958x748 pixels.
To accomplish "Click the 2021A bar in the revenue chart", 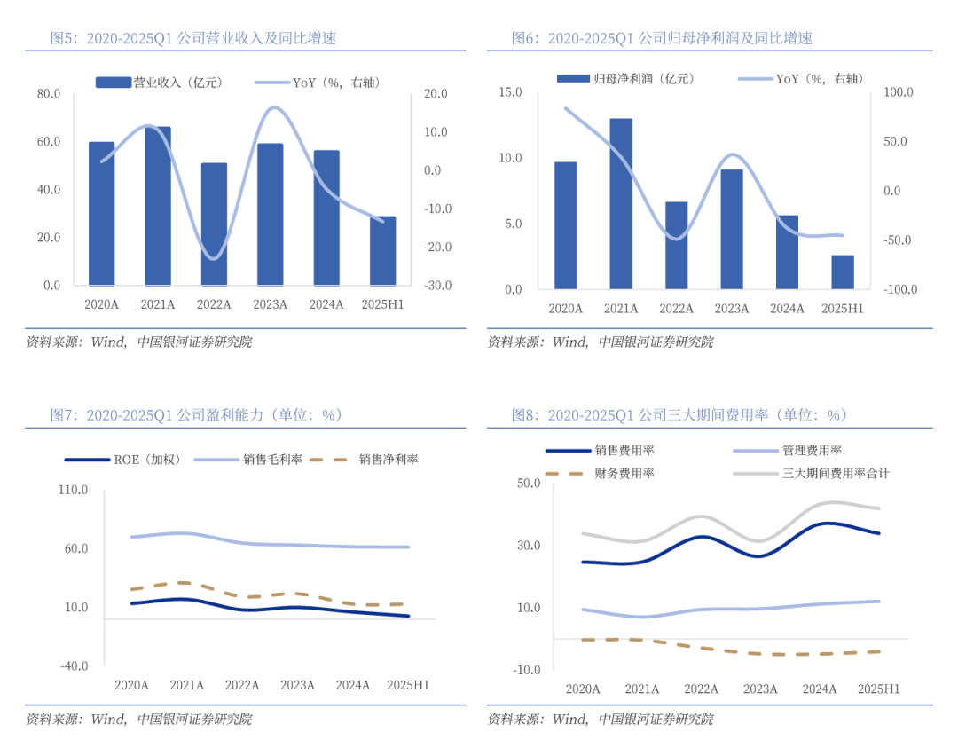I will coord(158,206).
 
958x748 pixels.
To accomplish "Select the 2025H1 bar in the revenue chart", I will coord(383,251).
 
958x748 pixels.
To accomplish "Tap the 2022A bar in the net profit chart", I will coord(676,245).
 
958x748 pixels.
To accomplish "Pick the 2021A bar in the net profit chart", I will coord(621,203).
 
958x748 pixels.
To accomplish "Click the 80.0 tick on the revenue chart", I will coord(48,93).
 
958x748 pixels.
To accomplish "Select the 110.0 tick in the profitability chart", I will coord(74,490).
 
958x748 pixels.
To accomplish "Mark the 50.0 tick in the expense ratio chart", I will coord(529,484).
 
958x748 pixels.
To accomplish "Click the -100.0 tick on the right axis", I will coord(896,290).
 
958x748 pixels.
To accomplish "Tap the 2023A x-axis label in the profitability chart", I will coord(297,685).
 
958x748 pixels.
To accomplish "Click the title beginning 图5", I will coord(193,38).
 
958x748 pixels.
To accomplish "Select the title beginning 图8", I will coord(679,415).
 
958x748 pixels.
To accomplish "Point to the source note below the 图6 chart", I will coord(601,343).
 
